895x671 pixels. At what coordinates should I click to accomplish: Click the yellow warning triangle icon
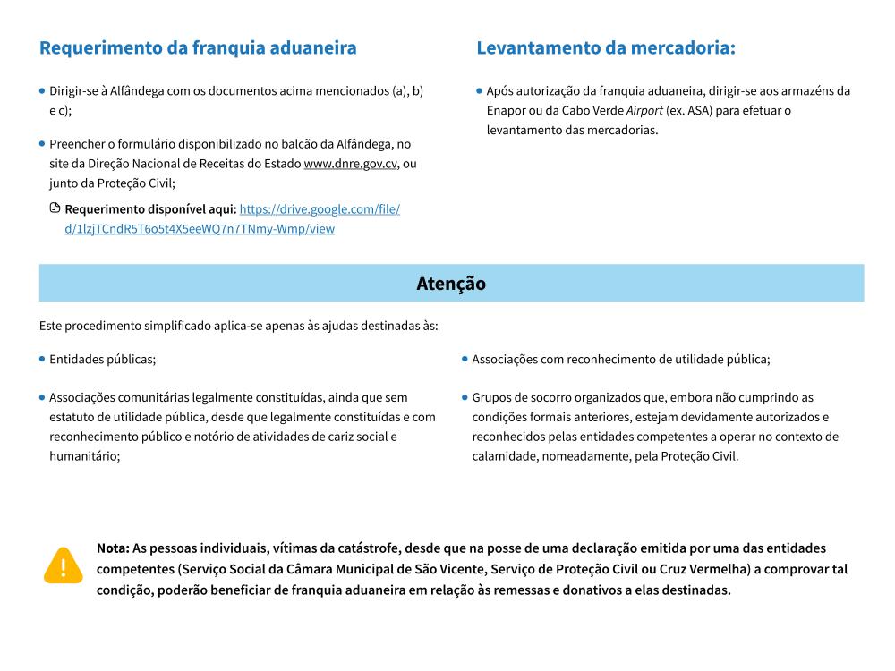tap(63, 566)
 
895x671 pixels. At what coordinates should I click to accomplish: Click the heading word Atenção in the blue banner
tap(451, 284)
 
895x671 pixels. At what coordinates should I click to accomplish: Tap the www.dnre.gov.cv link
tap(351, 164)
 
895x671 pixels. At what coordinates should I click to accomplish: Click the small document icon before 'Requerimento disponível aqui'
tap(55, 208)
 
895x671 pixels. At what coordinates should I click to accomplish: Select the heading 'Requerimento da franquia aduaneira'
tap(198, 48)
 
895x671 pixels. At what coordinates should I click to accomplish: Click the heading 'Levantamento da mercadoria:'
tap(606, 48)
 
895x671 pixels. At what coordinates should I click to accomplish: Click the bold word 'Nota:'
tap(113, 548)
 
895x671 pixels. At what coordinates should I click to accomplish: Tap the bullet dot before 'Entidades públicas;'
tap(42, 359)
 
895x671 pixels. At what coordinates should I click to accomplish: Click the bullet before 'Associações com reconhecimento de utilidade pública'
tap(465, 359)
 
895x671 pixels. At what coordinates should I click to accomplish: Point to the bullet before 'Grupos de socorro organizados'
tap(465, 397)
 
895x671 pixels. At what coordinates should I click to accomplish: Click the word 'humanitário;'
tap(85, 455)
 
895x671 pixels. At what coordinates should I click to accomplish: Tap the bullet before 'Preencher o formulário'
tap(42, 143)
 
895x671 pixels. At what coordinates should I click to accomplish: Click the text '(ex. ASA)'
tap(681, 110)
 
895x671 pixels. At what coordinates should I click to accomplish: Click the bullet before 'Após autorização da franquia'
tap(480, 90)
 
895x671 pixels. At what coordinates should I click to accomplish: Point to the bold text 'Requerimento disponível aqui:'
tap(150, 209)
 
